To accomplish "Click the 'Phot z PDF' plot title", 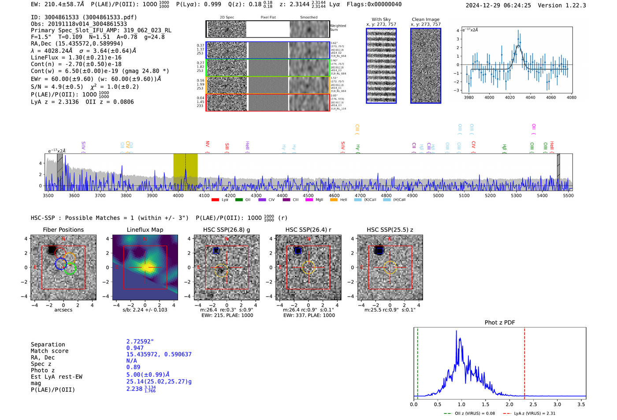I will pos(500,323).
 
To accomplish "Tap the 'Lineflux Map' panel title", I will pos(145,230).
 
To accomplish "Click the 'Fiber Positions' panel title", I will pos(63,230).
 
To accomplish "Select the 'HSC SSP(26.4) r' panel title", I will pos(308,230).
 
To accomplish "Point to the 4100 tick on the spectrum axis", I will pos(204,196).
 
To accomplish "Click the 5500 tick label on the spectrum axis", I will pos(568,196).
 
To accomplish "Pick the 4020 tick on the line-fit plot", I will pos(510,97).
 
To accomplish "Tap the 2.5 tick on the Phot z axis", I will pos(533,404).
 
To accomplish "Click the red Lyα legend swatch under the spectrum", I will pos(216,200).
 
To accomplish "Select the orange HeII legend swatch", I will pos(334,200).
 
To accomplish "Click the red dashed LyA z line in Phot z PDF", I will pos(524,361).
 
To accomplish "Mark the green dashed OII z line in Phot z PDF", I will pos(417,361).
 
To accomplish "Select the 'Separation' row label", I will pos(48,345).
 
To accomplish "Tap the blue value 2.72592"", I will pos(140,342).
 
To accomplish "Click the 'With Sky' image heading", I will pos(381,19).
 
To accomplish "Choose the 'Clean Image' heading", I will pos(425,19).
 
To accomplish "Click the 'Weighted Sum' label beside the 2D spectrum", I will pos(338,27).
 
